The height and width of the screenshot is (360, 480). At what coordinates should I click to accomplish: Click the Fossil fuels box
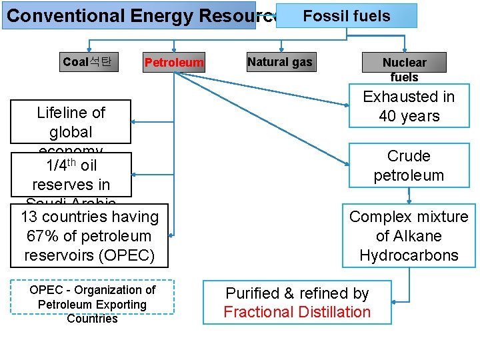click(346, 15)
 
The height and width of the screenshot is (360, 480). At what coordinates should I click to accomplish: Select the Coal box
click(87, 62)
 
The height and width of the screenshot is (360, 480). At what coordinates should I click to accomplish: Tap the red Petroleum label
click(174, 63)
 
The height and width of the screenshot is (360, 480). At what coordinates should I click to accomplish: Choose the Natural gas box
click(279, 62)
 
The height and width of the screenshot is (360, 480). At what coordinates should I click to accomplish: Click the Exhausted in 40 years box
click(409, 106)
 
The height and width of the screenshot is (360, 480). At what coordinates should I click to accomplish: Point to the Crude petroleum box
click(409, 165)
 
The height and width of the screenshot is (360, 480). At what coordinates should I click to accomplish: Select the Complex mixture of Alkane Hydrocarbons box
click(409, 236)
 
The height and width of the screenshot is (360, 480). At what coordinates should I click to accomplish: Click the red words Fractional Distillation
click(297, 312)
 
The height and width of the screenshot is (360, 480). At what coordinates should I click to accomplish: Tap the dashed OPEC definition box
click(93, 304)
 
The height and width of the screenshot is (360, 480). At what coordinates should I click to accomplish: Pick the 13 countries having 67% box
click(89, 236)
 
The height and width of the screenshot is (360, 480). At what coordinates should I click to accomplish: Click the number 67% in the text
click(41, 236)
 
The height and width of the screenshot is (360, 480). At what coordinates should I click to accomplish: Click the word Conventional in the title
click(65, 15)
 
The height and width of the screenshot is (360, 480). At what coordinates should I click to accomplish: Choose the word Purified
click(252, 293)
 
